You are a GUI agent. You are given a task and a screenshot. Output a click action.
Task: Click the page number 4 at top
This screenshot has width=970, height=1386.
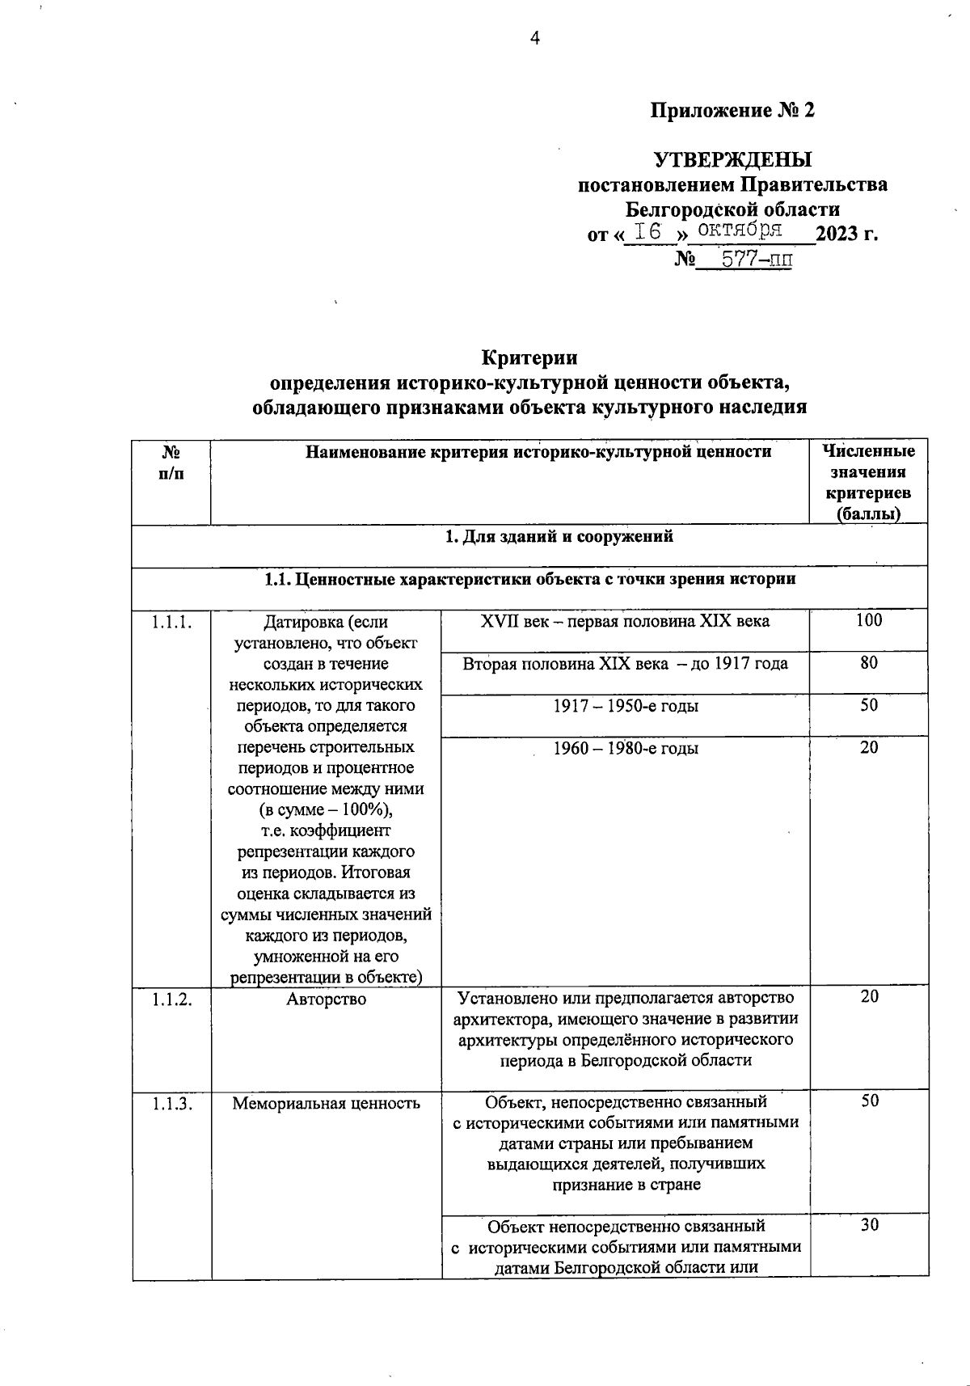[534, 38]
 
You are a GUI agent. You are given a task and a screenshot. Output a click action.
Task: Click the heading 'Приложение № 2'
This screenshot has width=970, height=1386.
[733, 111]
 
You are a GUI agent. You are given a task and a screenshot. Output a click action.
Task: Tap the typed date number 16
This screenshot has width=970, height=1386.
[648, 232]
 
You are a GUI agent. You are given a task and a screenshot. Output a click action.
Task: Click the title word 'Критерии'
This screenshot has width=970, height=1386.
[529, 357]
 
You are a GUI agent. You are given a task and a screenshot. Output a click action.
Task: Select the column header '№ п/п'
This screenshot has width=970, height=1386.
[171, 463]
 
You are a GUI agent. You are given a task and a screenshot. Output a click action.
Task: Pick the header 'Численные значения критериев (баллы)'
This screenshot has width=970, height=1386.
[868, 482]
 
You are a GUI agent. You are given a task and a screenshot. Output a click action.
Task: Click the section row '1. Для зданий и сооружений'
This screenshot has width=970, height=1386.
[559, 536]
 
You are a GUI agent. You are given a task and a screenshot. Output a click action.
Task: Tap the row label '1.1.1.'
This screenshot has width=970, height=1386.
[171, 622]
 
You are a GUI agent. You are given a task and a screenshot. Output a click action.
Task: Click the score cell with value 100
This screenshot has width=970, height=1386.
[869, 620]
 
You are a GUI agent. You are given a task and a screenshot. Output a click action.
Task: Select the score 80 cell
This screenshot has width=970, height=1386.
[869, 663]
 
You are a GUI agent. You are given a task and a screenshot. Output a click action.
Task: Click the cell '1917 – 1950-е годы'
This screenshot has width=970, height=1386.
[626, 706]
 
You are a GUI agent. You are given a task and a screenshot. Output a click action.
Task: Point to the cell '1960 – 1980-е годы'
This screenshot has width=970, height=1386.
[626, 748]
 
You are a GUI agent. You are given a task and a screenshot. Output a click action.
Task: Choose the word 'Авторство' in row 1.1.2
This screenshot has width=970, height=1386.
[326, 999]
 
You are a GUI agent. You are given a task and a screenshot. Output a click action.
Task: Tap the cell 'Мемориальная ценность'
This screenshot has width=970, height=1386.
[326, 1103]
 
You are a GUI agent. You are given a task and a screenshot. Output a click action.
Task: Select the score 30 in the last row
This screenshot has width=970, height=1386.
[869, 1225]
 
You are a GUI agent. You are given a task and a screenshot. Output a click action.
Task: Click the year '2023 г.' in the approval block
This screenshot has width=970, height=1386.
[846, 235]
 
